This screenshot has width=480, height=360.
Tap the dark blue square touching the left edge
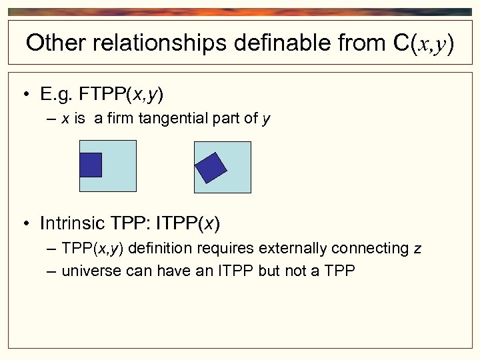pos(90,165)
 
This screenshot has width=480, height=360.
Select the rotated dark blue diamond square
pos(212,168)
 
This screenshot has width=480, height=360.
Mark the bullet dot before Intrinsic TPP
pos(25,223)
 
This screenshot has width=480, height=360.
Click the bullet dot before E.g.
pos(25,95)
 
